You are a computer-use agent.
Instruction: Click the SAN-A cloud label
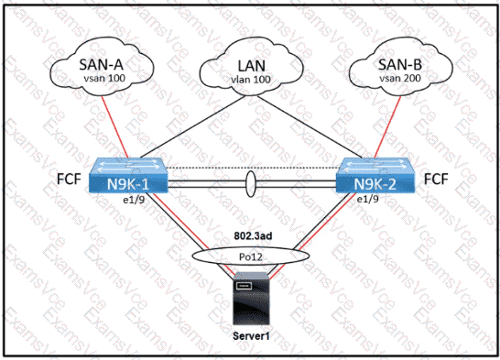point(101,64)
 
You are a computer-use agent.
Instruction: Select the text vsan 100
point(104,78)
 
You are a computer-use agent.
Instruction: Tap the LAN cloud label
point(252,66)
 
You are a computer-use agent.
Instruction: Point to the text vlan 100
point(251,79)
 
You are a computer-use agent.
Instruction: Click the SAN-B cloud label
point(400,64)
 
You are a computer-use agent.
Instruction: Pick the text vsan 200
point(400,78)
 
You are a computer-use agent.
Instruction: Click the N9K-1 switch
point(128,175)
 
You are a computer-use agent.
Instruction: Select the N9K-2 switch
point(375,175)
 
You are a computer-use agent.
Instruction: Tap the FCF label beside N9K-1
point(69,179)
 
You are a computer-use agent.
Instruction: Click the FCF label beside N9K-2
point(436,179)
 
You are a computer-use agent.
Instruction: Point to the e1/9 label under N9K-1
point(135,200)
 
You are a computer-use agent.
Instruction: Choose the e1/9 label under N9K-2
point(367,200)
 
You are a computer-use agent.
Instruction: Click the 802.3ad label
point(253,235)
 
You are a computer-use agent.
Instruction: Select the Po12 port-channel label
point(251,256)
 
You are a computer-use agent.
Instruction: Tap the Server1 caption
point(251,336)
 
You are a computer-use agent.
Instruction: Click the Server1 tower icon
point(251,299)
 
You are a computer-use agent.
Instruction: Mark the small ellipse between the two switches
point(251,184)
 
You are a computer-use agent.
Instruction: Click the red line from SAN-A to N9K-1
point(115,126)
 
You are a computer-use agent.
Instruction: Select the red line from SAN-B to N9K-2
point(387,126)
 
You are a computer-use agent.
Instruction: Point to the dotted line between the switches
point(252,168)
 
